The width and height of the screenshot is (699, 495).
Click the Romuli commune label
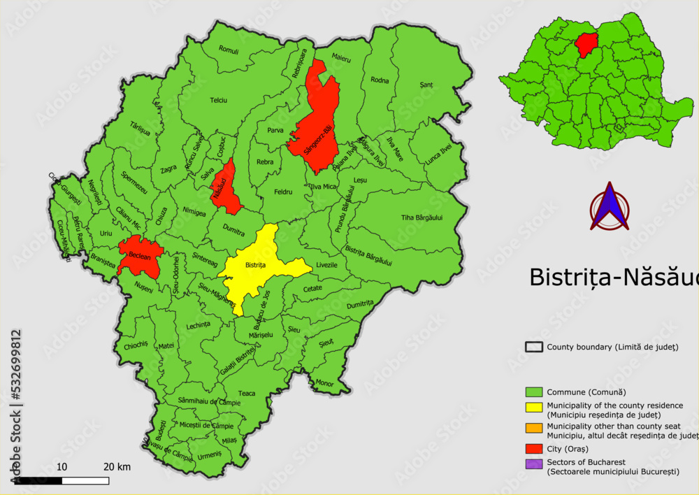[229, 50]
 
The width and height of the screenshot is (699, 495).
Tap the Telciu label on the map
[219, 101]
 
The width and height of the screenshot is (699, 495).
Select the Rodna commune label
[380, 80]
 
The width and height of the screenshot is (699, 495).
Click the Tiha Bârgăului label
[421, 217]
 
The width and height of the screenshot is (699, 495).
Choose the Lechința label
[199, 326]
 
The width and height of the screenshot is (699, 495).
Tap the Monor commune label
[325, 382]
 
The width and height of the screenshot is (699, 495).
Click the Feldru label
[283, 192]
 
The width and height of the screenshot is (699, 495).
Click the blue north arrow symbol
[610, 207]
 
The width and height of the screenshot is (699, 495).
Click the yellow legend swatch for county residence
[534, 410]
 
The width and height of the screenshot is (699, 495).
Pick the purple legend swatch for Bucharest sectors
[534, 464]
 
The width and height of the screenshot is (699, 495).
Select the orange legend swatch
[534, 428]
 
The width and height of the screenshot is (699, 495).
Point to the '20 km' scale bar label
[117, 467]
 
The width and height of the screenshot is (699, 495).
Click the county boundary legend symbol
[534, 347]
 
